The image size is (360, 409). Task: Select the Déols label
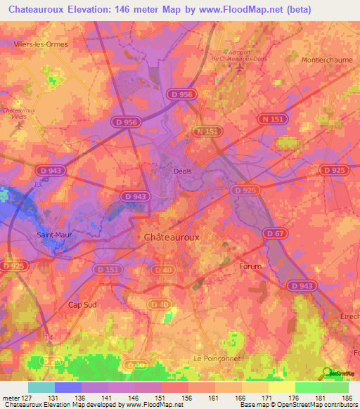182,170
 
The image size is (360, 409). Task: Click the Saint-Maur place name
54,235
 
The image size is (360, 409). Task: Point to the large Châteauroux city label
172,238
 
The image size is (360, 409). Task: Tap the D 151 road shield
109,269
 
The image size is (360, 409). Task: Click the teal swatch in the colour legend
41,387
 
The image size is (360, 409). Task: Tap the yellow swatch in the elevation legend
282,387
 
